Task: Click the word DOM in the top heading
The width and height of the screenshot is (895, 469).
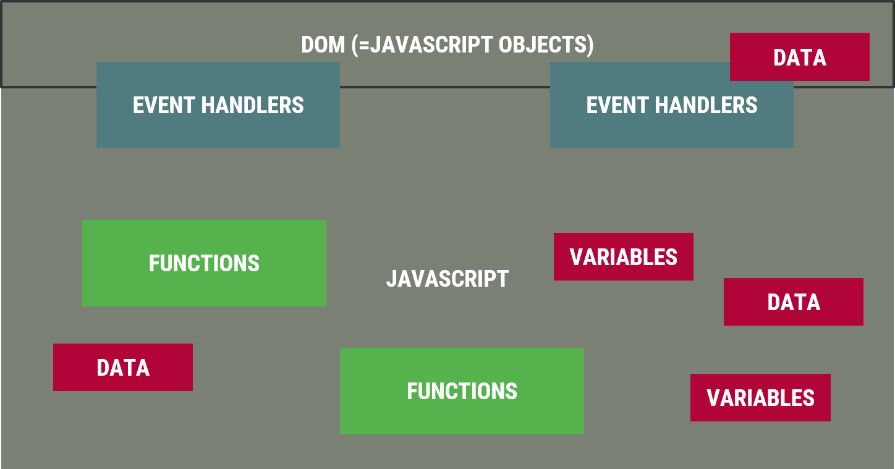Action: tap(323, 44)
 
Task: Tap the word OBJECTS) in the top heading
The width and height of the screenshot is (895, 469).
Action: tap(546, 44)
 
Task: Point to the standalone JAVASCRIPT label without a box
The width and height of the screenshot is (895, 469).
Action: tap(448, 279)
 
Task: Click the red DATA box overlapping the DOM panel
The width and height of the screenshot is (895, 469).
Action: tap(800, 57)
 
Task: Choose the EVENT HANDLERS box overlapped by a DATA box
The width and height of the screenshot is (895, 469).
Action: tap(672, 105)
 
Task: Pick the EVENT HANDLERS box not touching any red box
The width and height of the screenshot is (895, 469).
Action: tap(218, 105)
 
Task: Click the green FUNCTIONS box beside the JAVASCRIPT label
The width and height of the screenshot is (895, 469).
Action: tap(204, 263)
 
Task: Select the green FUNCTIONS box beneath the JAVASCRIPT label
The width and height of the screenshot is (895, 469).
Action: tap(462, 391)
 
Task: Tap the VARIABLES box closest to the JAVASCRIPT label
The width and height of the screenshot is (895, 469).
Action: tap(623, 256)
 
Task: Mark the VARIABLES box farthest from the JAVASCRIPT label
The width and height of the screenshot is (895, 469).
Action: tap(760, 397)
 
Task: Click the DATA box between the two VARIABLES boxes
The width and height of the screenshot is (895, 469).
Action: tap(794, 302)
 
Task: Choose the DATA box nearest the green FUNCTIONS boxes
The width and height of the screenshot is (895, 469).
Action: tap(123, 367)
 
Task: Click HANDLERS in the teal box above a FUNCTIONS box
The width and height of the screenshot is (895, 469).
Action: tap(253, 105)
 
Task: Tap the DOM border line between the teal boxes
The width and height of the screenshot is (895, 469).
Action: tap(445, 87)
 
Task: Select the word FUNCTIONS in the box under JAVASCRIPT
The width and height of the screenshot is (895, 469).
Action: tap(462, 391)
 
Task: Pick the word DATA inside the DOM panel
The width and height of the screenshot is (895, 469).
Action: tap(800, 57)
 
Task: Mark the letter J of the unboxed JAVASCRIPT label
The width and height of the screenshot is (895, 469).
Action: tap(391, 279)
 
